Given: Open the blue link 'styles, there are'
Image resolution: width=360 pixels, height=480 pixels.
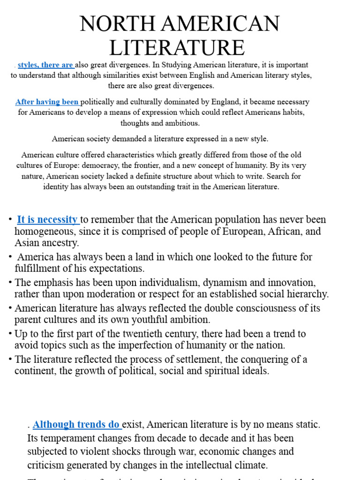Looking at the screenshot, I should [45, 65].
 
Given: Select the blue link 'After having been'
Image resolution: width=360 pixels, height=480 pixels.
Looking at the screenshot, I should [47, 102].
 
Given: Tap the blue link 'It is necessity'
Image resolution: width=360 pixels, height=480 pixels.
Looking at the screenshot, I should [47, 219].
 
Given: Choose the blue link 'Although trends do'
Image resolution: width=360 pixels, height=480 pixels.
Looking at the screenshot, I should [76, 425].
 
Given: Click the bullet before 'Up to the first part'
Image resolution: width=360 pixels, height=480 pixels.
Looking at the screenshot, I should [10, 334].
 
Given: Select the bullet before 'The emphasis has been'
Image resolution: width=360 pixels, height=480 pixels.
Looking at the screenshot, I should [10, 283].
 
